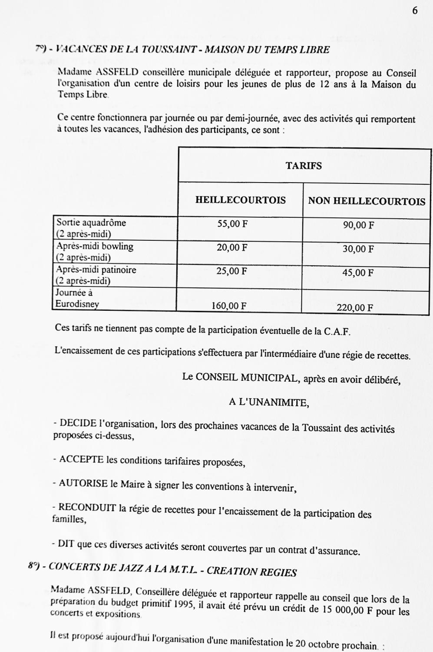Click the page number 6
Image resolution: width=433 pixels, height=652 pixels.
pyautogui.click(x=415, y=11)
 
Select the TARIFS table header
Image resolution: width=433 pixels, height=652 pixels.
pyautogui.click(x=304, y=166)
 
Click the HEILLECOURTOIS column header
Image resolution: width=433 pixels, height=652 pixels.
pyautogui.click(x=240, y=200)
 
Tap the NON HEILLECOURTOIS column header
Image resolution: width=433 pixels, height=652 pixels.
pyautogui.click(x=367, y=201)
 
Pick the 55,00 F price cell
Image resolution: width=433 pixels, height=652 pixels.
pyautogui.click(x=232, y=224)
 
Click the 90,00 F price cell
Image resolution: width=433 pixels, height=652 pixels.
pyautogui.click(x=358, y=225)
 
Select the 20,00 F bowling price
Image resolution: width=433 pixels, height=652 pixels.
pyautogui.click(x=232, y=248)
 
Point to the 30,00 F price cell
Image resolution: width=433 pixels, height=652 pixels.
pyautogui.click(x=358, y=249)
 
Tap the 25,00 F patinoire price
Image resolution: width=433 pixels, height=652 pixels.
pyautogui.click(x=232, y=271)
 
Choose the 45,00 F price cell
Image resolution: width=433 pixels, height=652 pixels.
pyautogui.click(x=358, y=273)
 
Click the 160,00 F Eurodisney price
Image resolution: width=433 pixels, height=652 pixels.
pyautogui.click(x=229, y=306)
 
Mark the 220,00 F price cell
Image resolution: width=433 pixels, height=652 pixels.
pyautogui.click(x=355, y=308)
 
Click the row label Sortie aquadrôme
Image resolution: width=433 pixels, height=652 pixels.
pyautogui.click(x=91, y=223)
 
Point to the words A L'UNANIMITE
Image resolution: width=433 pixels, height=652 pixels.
pyautogui.click(x=269, y=403)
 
